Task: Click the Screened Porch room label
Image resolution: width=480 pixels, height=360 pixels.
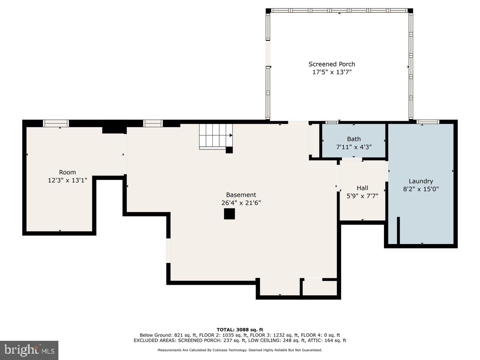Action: point(332,64)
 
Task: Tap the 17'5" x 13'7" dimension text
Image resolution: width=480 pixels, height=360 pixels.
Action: point(332,72)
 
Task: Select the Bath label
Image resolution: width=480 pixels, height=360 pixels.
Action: point(354,139)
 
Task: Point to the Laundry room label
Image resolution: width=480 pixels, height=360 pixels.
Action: point(421,181)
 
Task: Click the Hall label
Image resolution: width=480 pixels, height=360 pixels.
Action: point(362,188)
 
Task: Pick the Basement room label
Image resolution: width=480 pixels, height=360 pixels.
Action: point(241,195)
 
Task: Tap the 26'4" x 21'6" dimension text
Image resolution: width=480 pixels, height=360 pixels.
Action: point(241,203)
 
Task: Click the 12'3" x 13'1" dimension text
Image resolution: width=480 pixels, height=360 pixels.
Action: point(67,180)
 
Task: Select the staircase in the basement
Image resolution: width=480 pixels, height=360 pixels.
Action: point(216,137)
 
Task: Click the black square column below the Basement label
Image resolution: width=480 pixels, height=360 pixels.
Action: point(229,214)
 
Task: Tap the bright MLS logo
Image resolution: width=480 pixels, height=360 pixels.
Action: point(29,350)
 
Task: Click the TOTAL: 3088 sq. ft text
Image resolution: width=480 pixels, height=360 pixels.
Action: point(240,330)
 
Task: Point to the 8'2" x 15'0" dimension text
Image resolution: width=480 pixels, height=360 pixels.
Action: point(421,189)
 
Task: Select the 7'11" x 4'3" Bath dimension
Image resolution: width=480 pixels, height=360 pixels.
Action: point(354,147)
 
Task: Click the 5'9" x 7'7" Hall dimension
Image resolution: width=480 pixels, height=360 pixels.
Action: point(362,196)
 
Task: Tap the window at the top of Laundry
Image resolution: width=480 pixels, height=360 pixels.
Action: point(428,122)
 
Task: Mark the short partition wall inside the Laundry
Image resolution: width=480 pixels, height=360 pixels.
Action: point(398,230)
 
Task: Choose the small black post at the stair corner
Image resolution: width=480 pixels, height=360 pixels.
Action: point(229,150)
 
